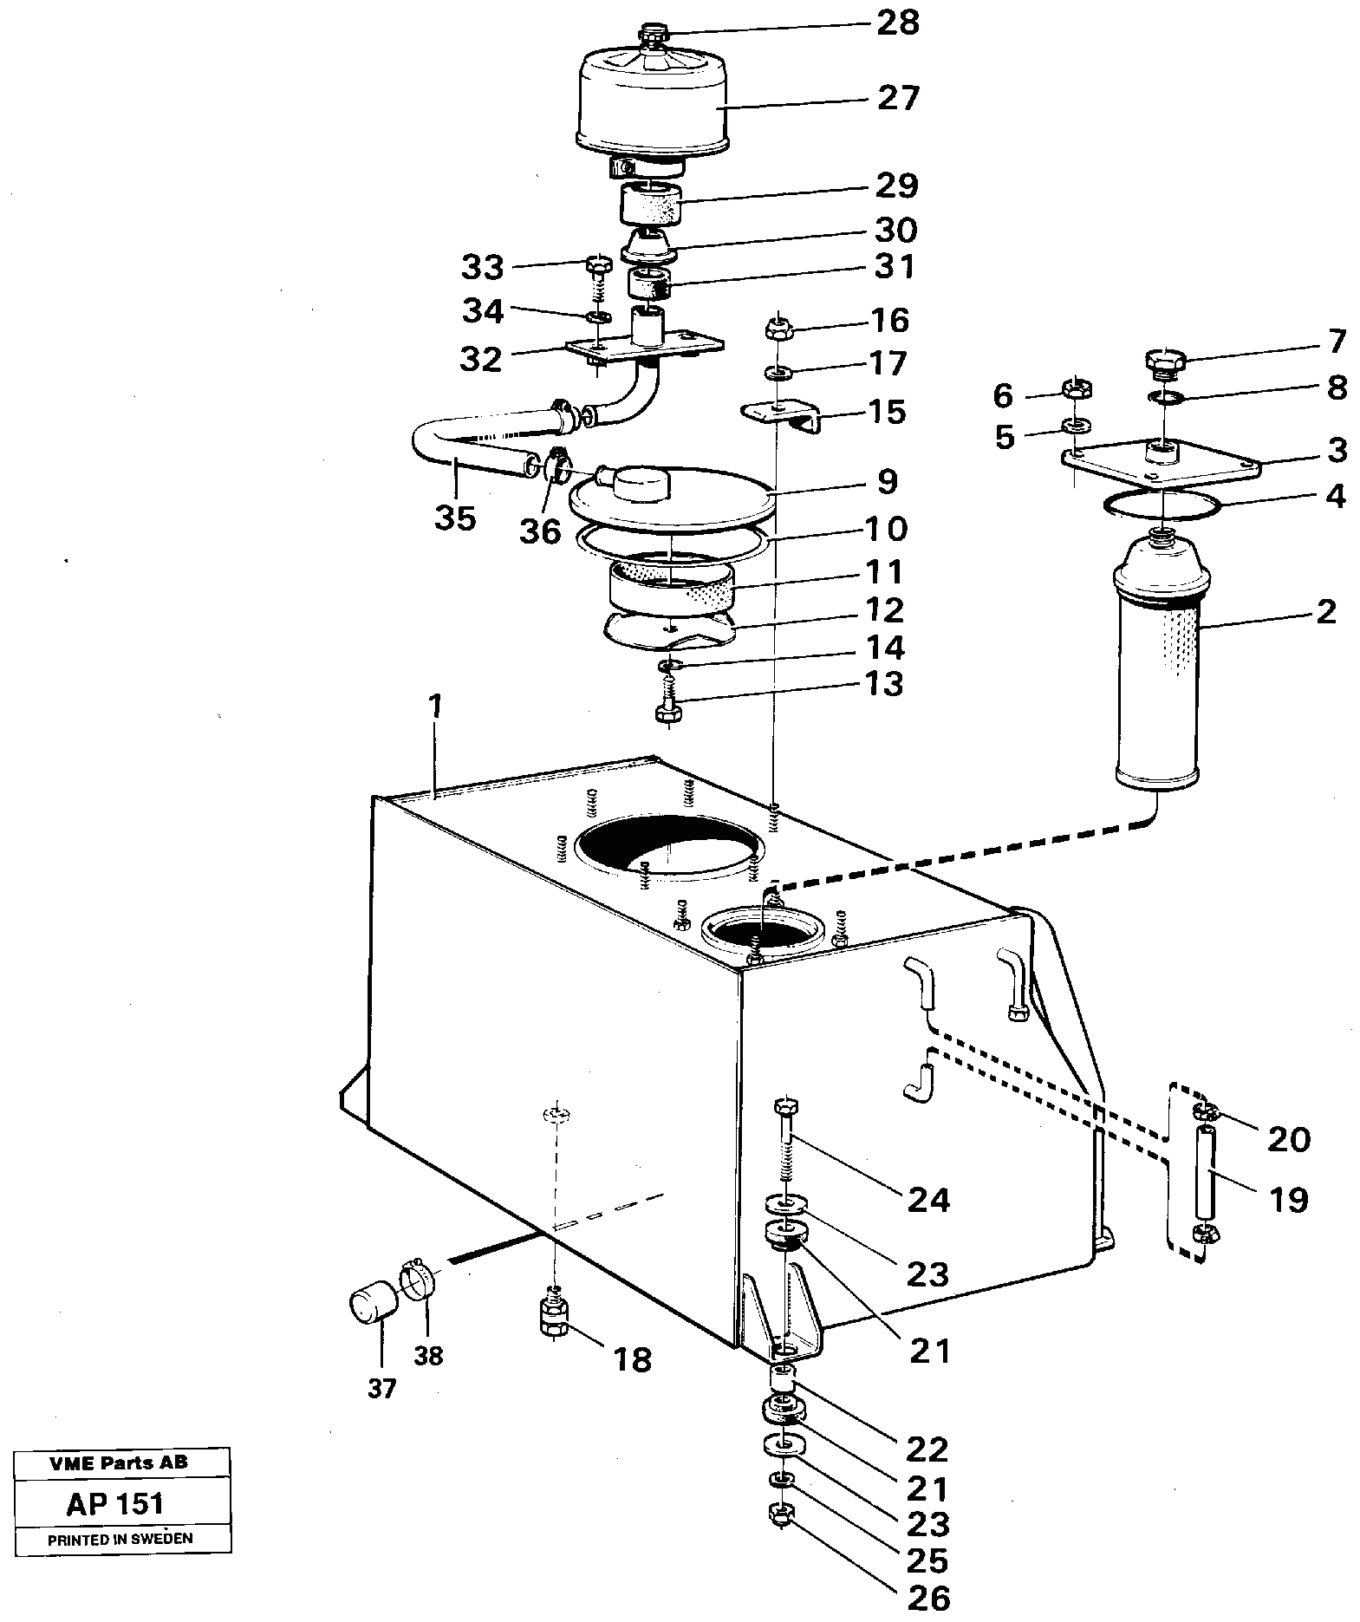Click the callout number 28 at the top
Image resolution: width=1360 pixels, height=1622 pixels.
pos(897,23)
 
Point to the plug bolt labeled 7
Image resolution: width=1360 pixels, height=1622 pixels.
pos(1162,362)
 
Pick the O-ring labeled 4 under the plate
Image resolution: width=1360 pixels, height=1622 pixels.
pos(1162,506)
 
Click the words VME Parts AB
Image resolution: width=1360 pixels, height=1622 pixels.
pos(119,1463)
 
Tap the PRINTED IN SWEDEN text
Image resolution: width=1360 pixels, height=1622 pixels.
pos(120,1540)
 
